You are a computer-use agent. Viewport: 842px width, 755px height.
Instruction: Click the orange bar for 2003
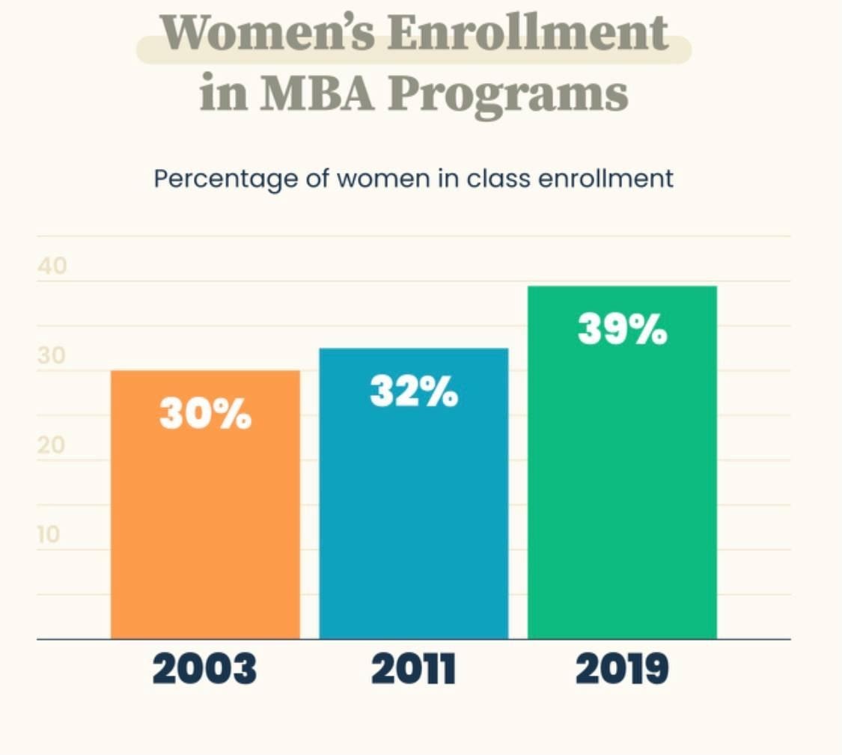click(x=205, y=524)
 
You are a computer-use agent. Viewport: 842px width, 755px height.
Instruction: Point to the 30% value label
click(x=205, y=414)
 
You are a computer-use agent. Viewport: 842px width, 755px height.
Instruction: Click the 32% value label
click(x=414, y=392)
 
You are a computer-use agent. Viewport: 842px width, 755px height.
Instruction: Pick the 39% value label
click(x=622, y=329)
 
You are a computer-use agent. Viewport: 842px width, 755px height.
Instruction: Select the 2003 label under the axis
click(x=204, y=670)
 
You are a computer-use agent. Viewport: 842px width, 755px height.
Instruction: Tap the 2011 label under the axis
click(x=413, y=670)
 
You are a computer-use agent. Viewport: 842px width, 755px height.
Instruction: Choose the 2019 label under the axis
click(x=622, y=670)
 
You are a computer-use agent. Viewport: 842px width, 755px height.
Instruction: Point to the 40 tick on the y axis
click(x=52, y=266)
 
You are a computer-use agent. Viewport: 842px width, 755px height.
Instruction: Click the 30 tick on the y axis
click(x=52, y=356)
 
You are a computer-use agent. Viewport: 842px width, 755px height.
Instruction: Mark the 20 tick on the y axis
click(x=52, y=446)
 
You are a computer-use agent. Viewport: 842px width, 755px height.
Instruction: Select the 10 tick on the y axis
click(x=49, y=536)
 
